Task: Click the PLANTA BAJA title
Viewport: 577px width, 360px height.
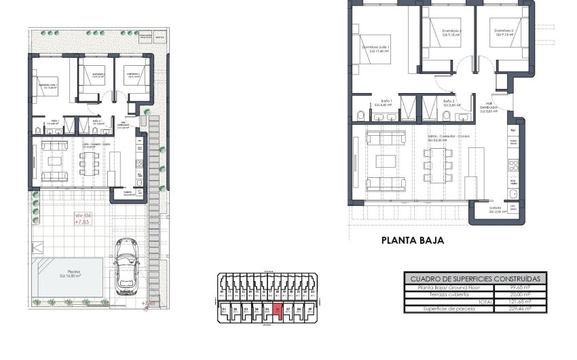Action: [412, 240]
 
